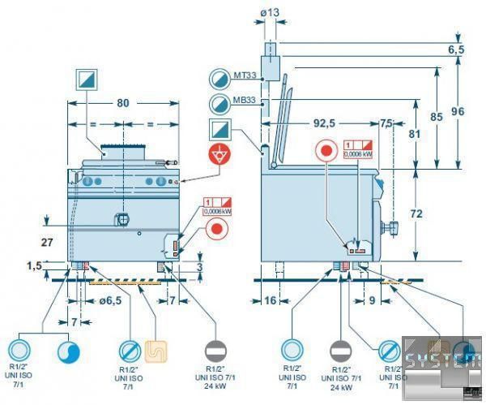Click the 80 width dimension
pyautogui.click(x=122, y=103)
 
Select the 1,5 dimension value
pyautogui.click(x=33, y=265)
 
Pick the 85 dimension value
pyautogui.click(x=436, y=116)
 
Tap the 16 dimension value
pyautogui.click(x=271, y=300)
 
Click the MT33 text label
pyautogui.click(x=245, y=75)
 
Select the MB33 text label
pyautogui.click(x=245, y=101)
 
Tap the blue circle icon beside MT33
pyautogui.click(x=220, y=78)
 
